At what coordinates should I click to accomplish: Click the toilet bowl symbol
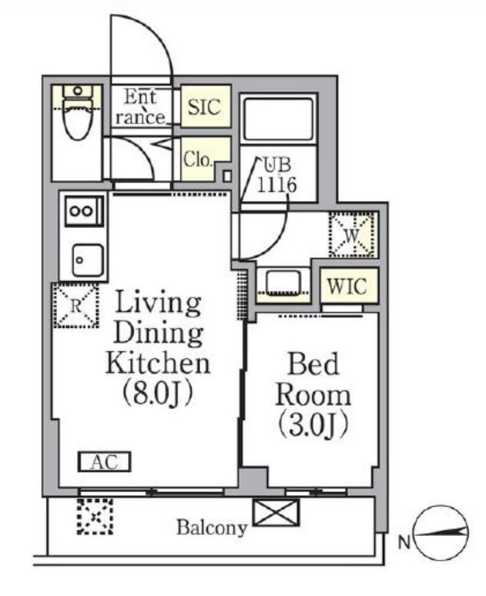78,112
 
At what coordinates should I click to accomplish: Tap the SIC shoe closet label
205,106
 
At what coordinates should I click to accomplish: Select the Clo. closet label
197,159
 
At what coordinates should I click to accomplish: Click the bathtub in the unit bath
278,119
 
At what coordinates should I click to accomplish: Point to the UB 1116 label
277,176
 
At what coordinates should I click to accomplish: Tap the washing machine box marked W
353,235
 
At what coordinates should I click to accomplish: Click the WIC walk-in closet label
347,286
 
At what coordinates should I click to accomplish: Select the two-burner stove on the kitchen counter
85,211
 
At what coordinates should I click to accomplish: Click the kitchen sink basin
88,260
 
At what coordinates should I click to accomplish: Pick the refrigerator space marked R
76,305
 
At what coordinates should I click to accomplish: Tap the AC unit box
105,462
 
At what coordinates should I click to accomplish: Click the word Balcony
212,527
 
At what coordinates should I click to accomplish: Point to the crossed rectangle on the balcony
276,513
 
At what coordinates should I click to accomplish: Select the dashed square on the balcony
95,517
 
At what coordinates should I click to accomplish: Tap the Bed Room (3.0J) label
313,395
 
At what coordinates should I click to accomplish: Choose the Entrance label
140,107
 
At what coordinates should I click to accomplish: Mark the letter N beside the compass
404,543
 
